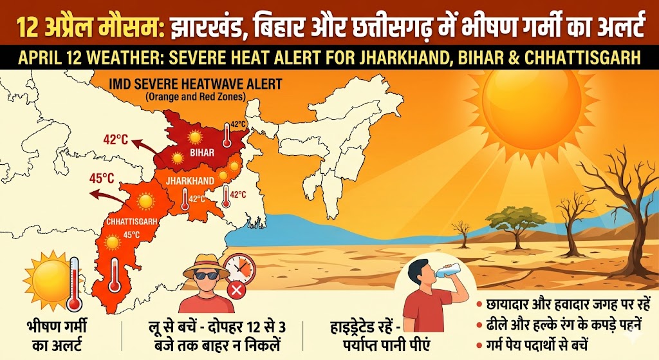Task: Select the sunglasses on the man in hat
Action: coord(206,276)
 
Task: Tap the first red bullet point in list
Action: coord(479,303)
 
